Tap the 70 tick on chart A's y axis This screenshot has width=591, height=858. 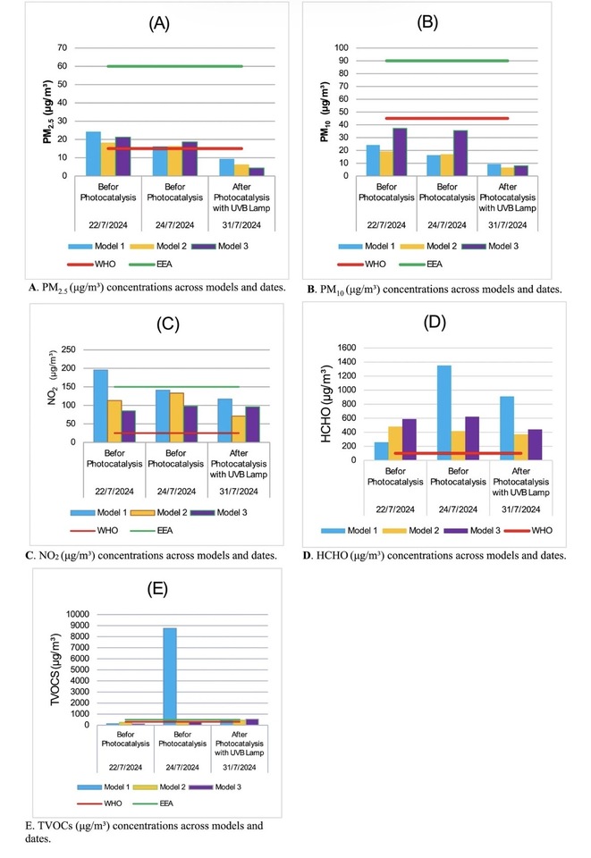click(61, 47)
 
